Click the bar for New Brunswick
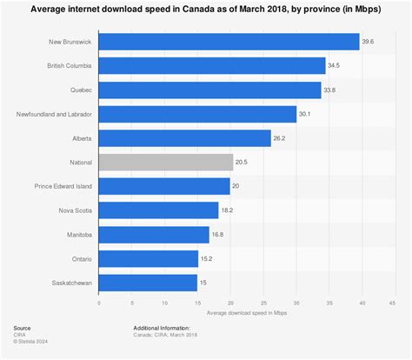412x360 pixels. [x=229, y=42]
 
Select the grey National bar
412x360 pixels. [x=166, y=162]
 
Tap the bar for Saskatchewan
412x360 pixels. [x=148, y=283]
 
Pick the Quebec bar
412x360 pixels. [x=209, y=90]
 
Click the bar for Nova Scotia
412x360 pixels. [x=158, y=210]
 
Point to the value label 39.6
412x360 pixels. [x=369, y=42]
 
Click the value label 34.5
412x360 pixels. [x=335, y=66]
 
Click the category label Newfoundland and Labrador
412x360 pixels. [x=54, y=114]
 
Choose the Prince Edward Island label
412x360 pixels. [x=65, y=186]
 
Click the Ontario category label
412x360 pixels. [x=81, y=258]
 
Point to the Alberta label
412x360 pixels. [x=81, y=138]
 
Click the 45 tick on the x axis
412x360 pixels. [x=393, y=303]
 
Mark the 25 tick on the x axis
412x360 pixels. [x=262, y=303]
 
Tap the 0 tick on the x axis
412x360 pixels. [x=99, y=303]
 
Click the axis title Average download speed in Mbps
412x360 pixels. [x=246, y=312]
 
